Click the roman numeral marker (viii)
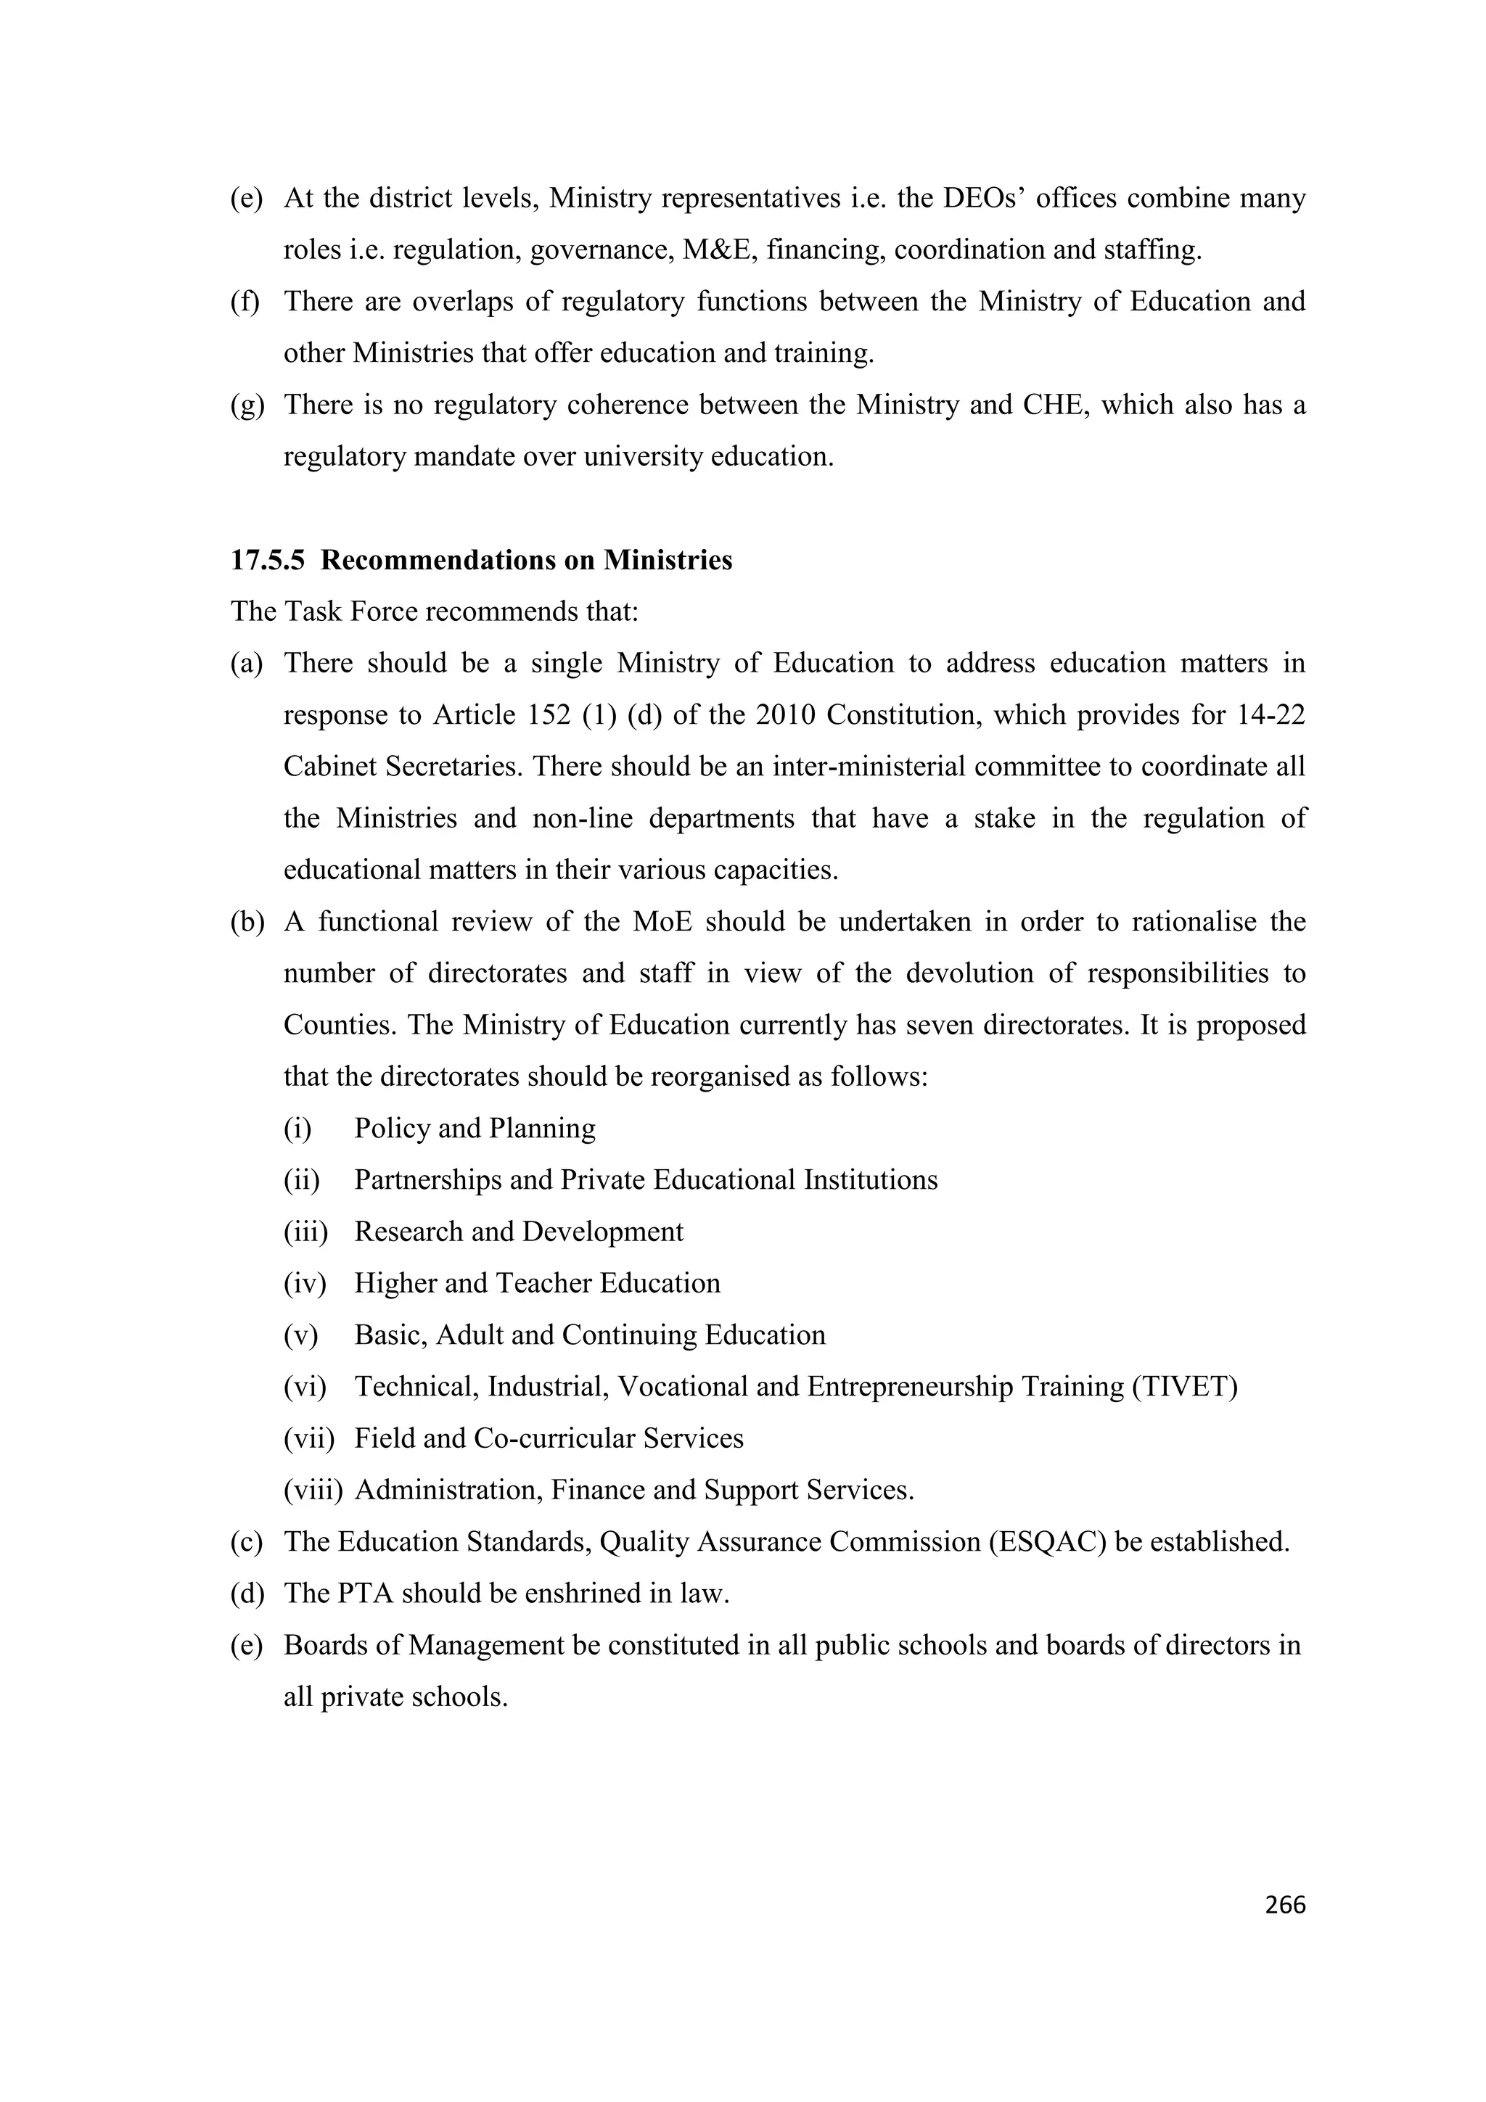coord(312,1491)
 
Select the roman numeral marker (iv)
coord(305,1285)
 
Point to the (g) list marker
coord(246,405)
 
